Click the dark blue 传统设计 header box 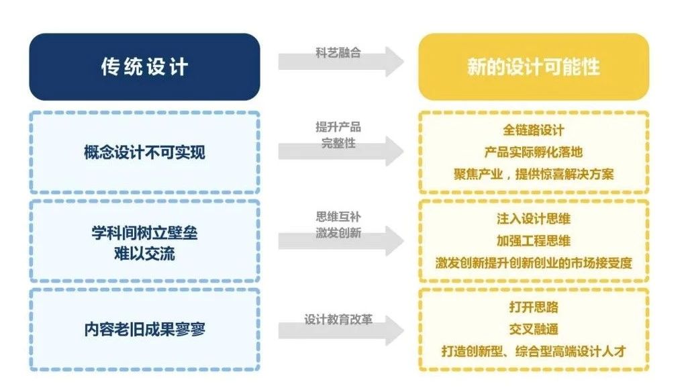click(x=144, y=67)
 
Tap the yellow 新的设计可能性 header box click(x=534, y=67)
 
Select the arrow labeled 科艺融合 click(x=341, y=62)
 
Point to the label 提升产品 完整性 click(x=338, y=135)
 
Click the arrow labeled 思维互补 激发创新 click(x=341, y=240)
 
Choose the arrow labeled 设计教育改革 click(x=341, y=330)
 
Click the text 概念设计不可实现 click(x=144, y=152)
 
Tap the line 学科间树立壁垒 click(x=144, y=233)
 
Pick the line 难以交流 click(x=144, y=253)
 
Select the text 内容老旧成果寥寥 click(x=144, y=329)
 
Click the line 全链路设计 click(x=534, y=130)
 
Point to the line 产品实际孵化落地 click(x=534, y=152)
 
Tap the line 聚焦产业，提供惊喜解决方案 click(x=534, y=175)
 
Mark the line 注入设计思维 click(x=534, y=219)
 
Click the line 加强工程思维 click(x=534, y=240)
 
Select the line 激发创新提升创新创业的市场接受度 click(x=534, y=263)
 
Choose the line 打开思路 click(x=534, y=307)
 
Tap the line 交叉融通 click(x=534, y=329)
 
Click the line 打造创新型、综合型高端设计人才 click(x=534, y=351)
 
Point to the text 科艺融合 click(x=338, y=53)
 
